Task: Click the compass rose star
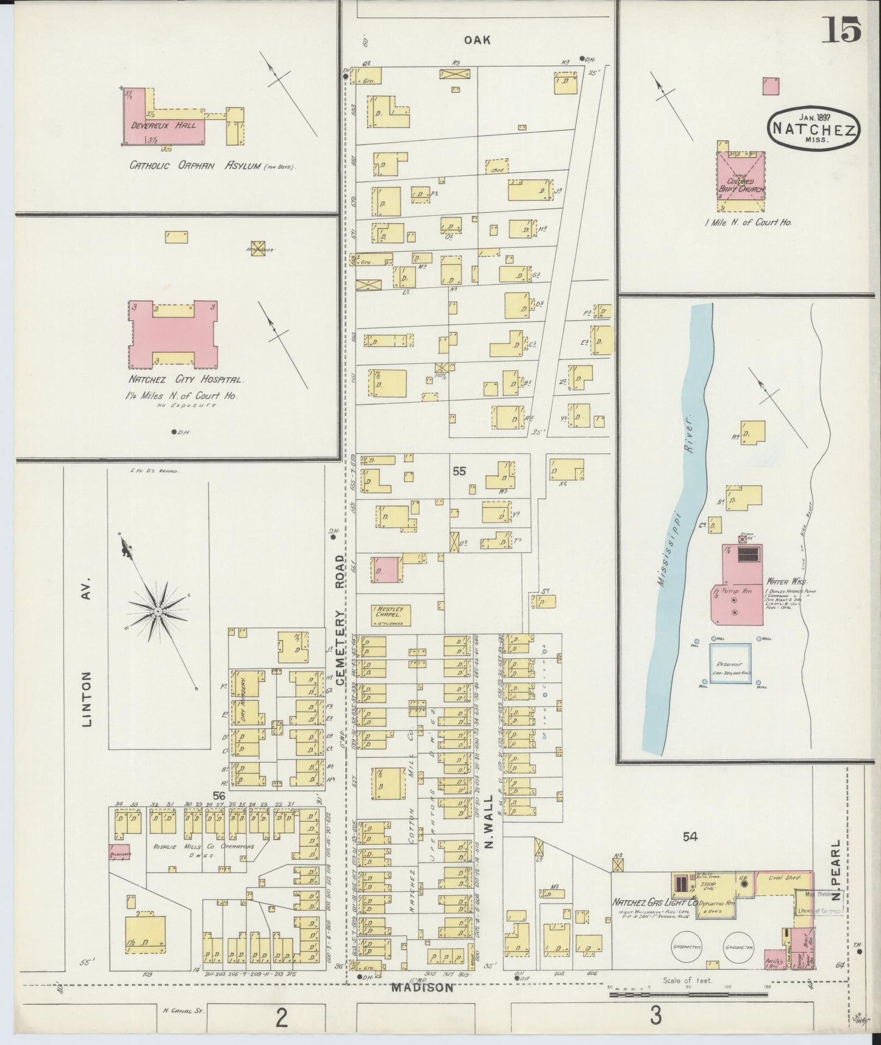pos(158,610)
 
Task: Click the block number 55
pos(459,471)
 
